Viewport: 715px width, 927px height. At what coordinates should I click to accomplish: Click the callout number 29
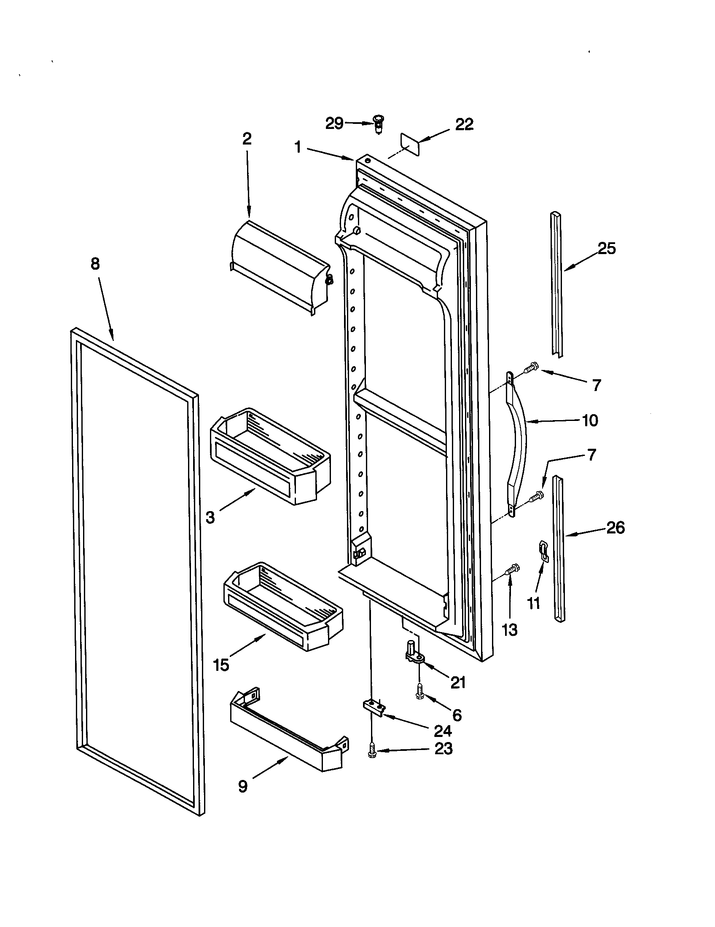[334, 123]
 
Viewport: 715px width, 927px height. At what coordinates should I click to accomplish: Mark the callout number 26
[616, 528]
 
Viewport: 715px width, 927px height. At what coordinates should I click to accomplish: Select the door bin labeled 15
[282, 608]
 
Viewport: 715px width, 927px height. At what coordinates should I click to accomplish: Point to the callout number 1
[298, 147]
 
